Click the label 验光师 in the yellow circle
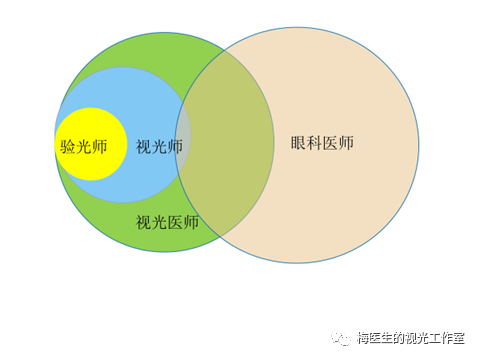83,146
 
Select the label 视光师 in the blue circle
159,146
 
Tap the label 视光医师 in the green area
167,222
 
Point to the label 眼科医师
322,143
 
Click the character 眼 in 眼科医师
299,143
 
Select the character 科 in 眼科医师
314,143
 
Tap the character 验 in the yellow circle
68,146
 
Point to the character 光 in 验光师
83,146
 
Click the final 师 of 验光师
98,146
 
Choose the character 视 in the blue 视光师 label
144,146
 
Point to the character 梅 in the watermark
364,338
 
